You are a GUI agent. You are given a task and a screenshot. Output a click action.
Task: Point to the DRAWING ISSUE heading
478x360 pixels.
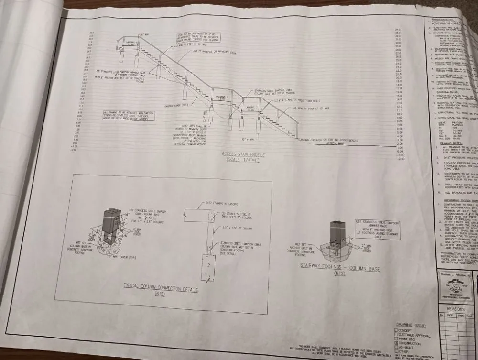tap(411, 325)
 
